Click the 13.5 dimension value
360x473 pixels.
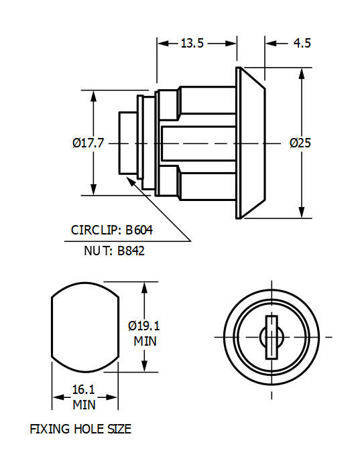192,44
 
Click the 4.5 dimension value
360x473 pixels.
302,44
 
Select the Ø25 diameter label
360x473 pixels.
300,143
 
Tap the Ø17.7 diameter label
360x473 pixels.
87,143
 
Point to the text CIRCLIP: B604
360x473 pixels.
112,230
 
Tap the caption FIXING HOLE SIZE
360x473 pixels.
80,429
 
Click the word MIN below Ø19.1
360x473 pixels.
145,340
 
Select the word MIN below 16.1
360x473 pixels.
84,405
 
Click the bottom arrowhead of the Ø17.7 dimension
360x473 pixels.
93,190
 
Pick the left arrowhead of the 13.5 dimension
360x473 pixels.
162,44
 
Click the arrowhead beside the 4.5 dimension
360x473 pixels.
270,44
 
